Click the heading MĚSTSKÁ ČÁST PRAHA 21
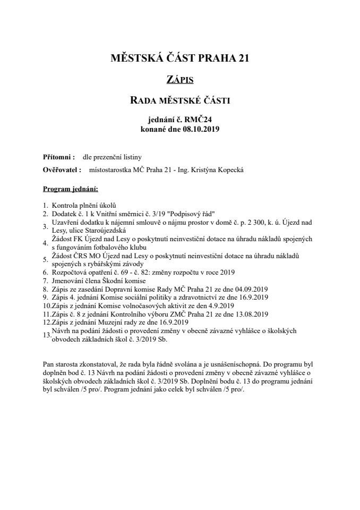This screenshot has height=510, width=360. pos(179,59)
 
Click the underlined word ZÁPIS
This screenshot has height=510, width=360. pos(179,80)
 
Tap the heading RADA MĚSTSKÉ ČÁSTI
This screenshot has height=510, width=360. pos(179,99)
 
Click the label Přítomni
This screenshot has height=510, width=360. pos(57,157)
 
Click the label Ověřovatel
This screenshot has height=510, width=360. pos(61,171)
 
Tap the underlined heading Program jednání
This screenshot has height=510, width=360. pos(70,189)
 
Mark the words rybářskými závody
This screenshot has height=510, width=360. pos(114,264)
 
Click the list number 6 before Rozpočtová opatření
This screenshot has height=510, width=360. pos(45,272)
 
